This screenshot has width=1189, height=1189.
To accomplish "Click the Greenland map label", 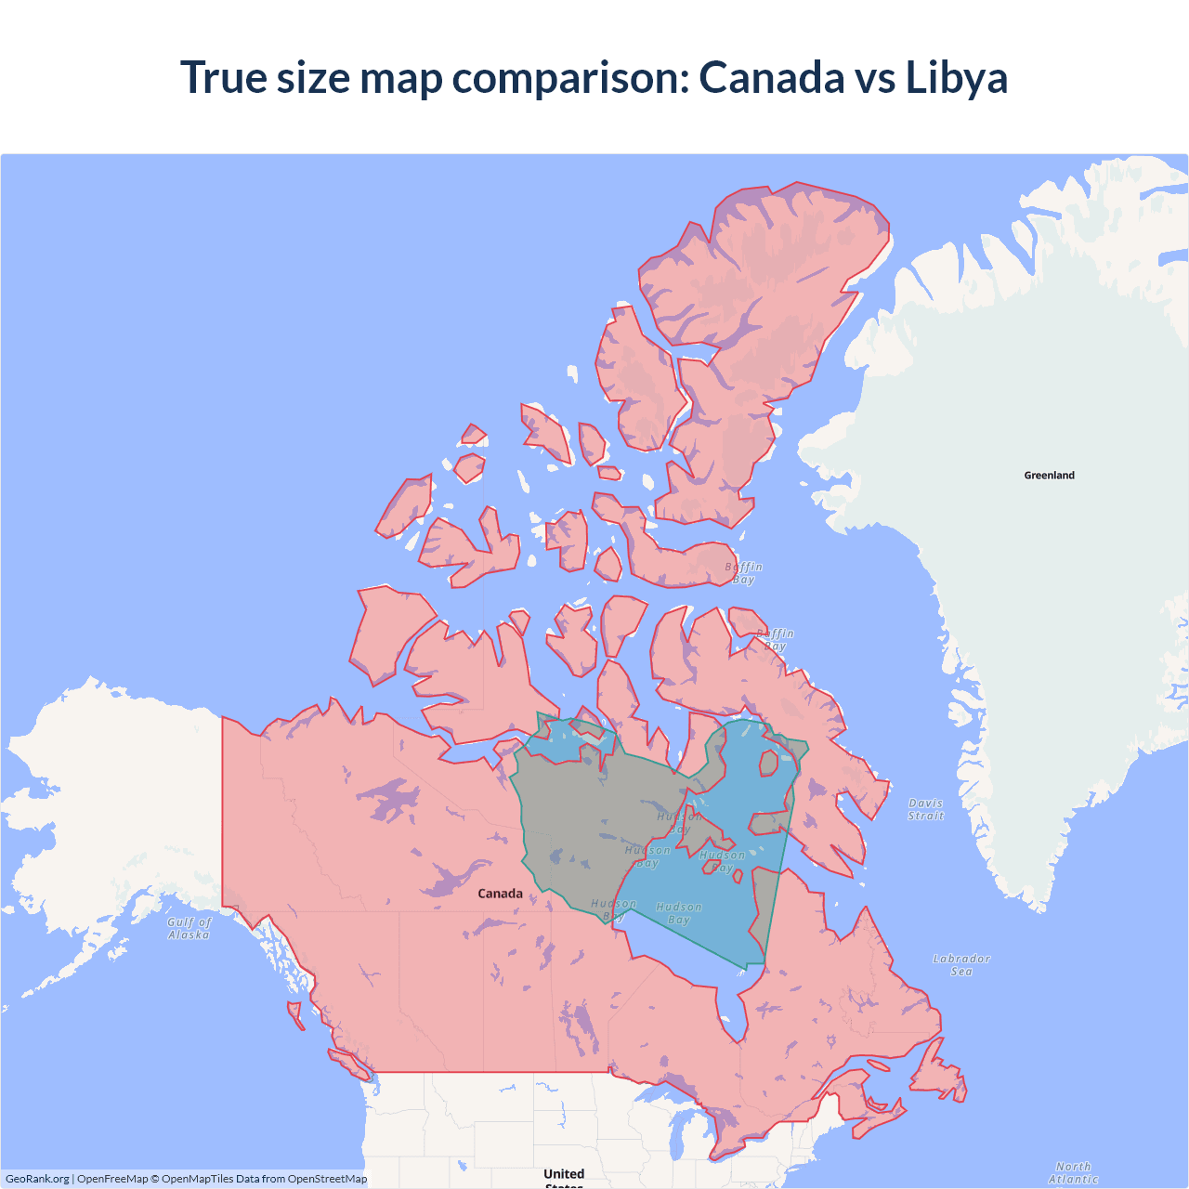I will [x=1049, y=476].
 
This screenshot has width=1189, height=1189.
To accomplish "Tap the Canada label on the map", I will [x=500, y=894].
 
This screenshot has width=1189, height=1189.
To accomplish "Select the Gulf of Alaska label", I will [x=189, y=929].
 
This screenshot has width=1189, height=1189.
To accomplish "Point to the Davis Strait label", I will [x=926, y=809].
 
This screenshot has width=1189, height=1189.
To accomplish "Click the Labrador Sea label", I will [x=961, y=965].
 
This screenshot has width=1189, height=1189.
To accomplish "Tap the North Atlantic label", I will [x=1073, y=1172].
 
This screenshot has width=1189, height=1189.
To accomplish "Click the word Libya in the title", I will [x=956, y=77].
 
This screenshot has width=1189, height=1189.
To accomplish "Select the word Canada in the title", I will [x=771, y=77].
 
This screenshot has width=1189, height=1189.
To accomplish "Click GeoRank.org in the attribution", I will [x=37, y=1179].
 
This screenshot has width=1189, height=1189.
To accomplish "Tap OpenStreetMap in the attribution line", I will [x=327, y=1179].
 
